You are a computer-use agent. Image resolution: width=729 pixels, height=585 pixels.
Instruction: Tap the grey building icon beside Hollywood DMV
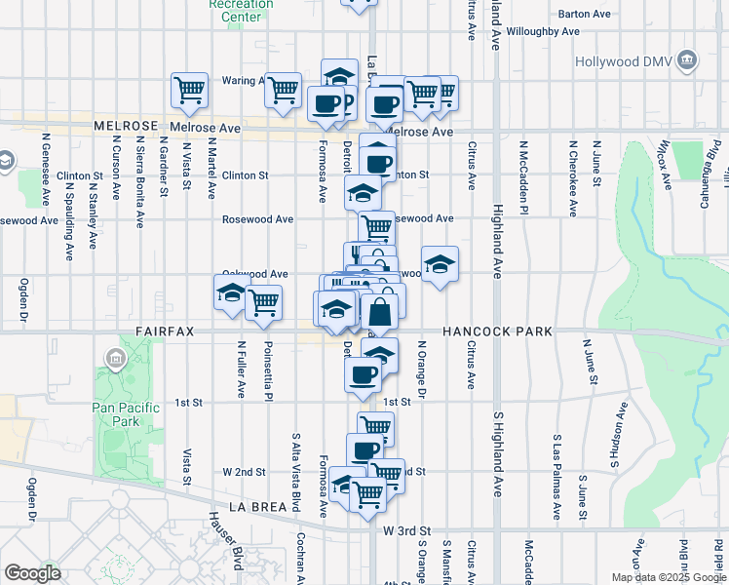(688, 61)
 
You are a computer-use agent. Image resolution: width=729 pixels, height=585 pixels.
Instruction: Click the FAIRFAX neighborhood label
(165, 331)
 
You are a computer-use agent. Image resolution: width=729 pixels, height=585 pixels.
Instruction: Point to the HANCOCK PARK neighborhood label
(497, 331)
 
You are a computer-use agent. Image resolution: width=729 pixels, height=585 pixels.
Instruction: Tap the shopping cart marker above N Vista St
(190, 91)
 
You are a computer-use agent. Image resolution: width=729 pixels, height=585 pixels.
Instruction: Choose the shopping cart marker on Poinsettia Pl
(263, 303)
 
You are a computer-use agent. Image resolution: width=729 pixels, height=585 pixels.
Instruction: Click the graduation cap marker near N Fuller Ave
(231, 293)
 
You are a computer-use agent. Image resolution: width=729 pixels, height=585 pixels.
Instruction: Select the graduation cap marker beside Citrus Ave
(440, 263)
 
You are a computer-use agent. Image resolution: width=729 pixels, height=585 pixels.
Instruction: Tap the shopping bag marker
(381, 313)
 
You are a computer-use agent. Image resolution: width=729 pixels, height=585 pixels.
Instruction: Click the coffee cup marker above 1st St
(364, 373)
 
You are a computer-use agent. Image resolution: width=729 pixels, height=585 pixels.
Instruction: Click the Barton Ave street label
(584, 14)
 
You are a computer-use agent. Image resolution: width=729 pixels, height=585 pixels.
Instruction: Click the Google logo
(33, 572)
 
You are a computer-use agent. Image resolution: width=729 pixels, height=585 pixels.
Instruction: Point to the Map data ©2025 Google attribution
(668, 577)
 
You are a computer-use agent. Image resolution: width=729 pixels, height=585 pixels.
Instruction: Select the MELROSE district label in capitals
(126, 127)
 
